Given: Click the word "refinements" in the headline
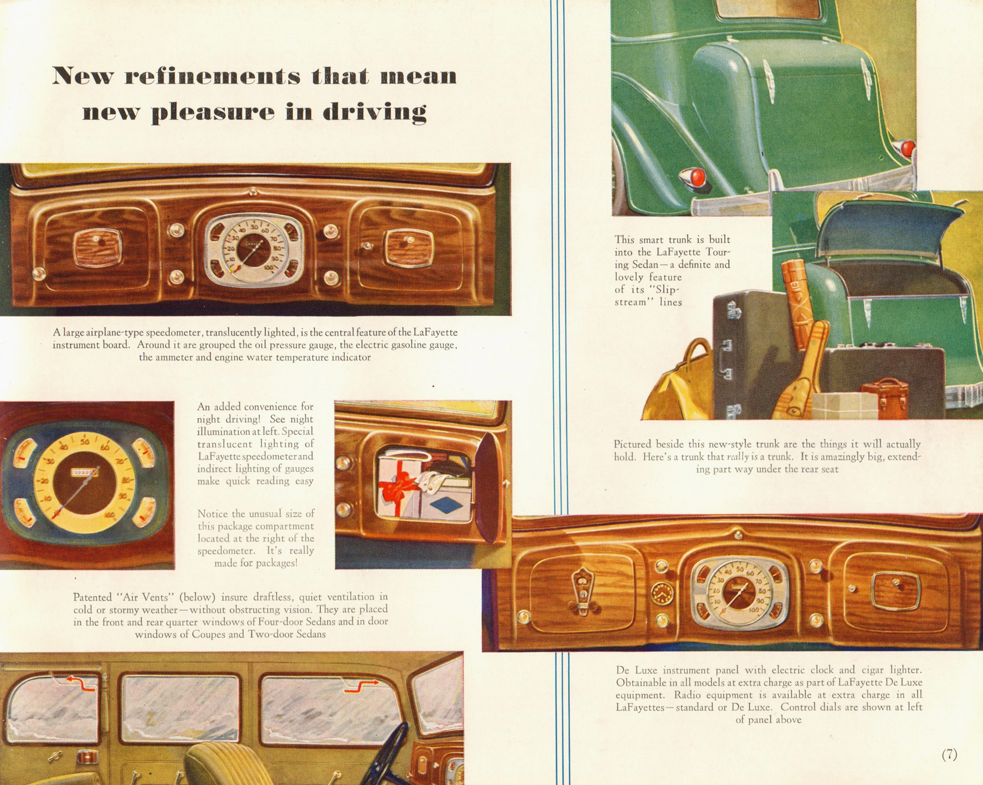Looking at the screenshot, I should [212, 76].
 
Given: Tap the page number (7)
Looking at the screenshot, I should [949, 754].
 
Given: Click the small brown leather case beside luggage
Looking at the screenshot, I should [884, 397].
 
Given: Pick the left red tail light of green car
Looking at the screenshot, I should [697, 177].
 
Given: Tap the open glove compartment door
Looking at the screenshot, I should [490, 487].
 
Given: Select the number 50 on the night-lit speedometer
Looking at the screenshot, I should [84, 442].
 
